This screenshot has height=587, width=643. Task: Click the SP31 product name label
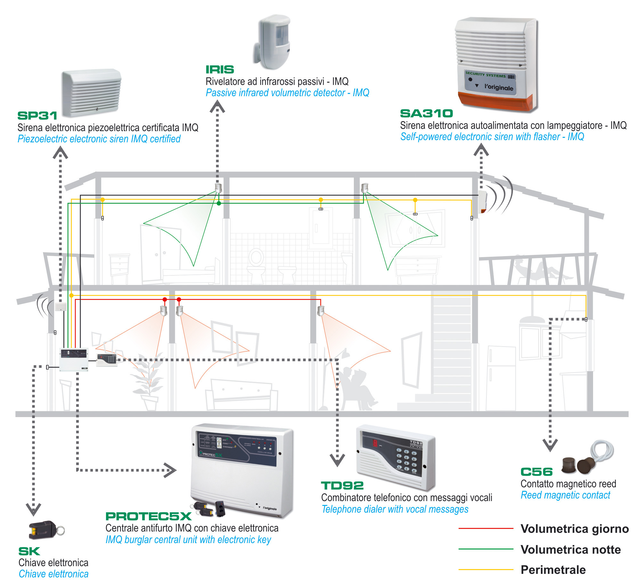click(37, 116)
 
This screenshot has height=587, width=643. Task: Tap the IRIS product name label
click(220, 70)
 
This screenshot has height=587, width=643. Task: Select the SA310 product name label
click(426, 113)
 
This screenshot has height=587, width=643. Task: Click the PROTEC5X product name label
click(148, 516)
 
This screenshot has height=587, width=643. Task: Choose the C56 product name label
click(536, 472)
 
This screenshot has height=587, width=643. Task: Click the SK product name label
click(29, 551)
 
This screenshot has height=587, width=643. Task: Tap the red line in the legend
click(485, 528)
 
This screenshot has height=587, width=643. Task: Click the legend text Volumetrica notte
click(571, 549)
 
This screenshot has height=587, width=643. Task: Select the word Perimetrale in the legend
click(553, 570)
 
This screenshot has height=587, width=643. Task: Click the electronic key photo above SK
click(45, 529)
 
